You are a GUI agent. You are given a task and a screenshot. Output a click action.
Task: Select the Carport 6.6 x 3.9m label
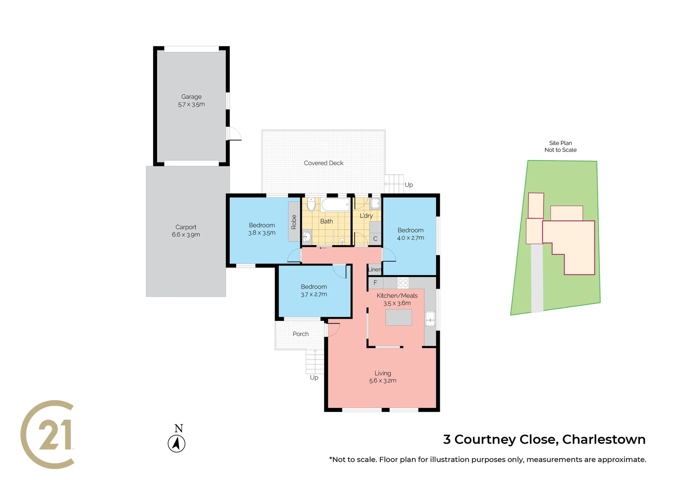(x=185, y=231)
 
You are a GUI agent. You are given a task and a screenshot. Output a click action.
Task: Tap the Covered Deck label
(x=323, y=163)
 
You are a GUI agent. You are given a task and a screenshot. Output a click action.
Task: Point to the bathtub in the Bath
(x=335, y=205)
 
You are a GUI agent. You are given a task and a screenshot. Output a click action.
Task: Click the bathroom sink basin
(x=307, y=236)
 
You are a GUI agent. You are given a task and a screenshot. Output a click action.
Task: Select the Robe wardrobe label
(x=294, y=222)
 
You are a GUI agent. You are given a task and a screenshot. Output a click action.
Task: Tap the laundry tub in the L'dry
(x=375, y=204)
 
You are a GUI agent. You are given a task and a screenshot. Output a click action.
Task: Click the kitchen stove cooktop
(x=403, y=283)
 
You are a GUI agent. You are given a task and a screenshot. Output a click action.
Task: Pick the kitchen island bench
(x=398, y=317)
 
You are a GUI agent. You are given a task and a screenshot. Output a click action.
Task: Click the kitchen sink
(x=430, y=319)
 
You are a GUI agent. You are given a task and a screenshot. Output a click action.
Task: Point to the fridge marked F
(x=375, y=283)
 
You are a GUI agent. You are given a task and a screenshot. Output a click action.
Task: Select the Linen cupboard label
(x=374, y=269)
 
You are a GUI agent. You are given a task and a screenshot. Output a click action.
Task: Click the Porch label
(x=300, y=334)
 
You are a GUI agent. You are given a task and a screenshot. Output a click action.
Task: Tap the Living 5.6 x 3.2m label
(x=382, y=377)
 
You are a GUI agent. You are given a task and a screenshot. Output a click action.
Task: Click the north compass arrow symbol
(x=177, y=444)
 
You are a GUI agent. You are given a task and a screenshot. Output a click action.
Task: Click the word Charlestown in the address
(x=603, y=440)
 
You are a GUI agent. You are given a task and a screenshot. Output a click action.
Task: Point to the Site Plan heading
(x=560, y=143)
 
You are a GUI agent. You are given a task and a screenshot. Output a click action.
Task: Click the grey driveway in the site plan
(x=537, y=280)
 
